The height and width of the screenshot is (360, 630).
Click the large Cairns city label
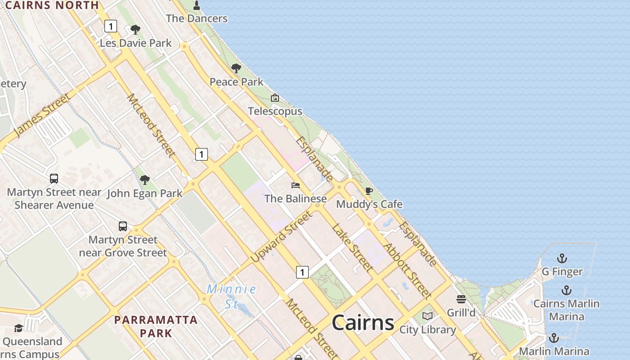click(x=363, y=323)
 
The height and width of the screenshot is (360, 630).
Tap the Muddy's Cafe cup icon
click(x=369, y=191)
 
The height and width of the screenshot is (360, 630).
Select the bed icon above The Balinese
click(x=296, y=185)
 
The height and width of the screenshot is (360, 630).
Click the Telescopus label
click(x=275, y=111)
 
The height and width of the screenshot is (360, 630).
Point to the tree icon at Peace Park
click(x=236, y=69)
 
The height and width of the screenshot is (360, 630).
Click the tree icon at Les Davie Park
click(x=135, y=30)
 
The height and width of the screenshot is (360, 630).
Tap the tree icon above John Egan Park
click(x=144, y=180)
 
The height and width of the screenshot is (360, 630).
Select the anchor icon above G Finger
click(x=562, y=258)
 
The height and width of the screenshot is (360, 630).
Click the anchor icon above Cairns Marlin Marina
click(x=566, y=290)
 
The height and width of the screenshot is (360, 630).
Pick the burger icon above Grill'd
click(x=461, y=299)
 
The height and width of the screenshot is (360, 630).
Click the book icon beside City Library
click(x=427, y=316)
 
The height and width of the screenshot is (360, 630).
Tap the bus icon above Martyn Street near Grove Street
click(x=123, y=226)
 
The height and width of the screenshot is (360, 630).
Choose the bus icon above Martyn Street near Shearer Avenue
click(x=54, y=179)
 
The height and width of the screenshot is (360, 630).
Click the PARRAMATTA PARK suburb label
click(x=156, y=327)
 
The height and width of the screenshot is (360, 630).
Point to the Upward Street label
click(x=281, y=237)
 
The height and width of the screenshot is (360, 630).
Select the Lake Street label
click(x=352, y=248)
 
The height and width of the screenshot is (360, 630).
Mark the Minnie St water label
click(x=231, y=296)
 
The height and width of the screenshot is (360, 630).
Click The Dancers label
click(x=197, y=18)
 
